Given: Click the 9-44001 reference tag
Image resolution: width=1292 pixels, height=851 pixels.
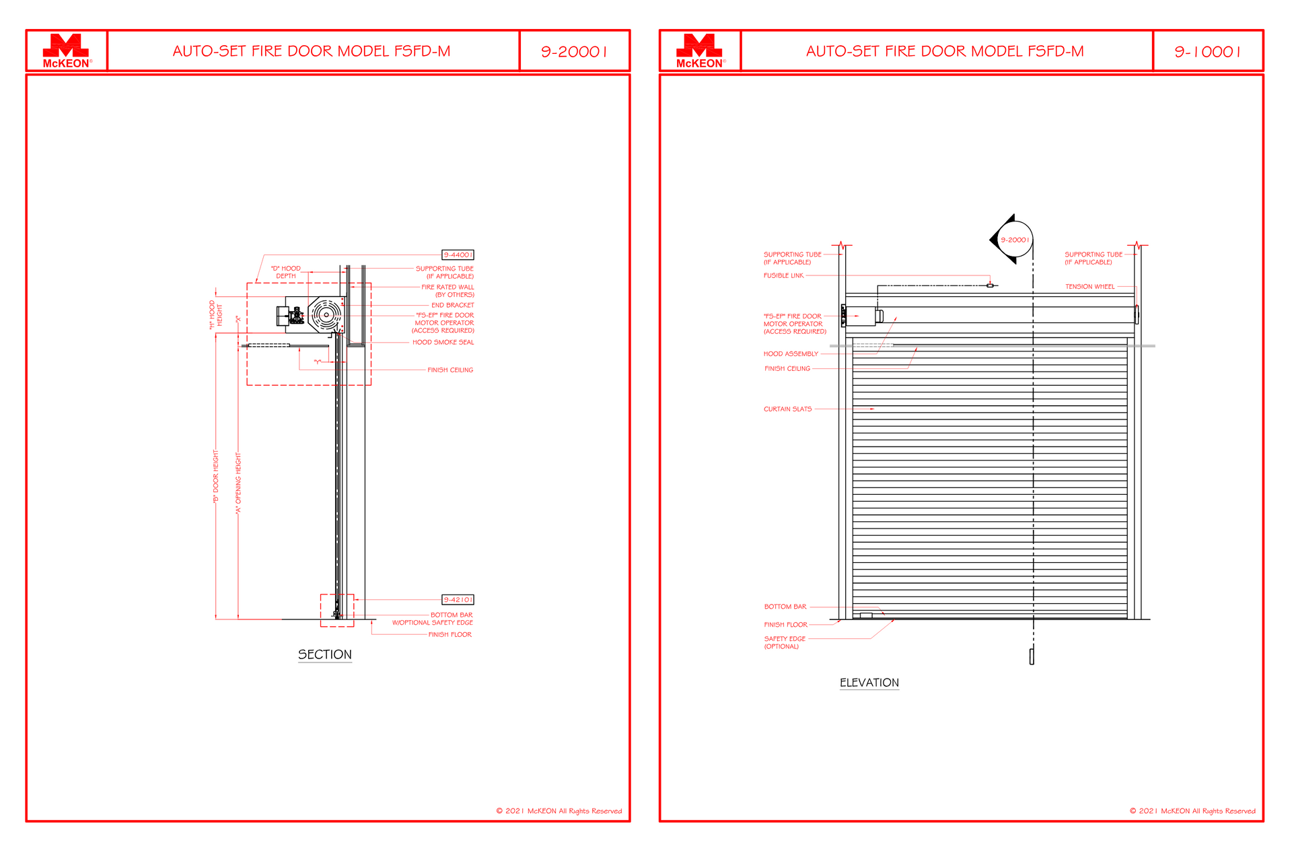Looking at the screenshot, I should (458, 254).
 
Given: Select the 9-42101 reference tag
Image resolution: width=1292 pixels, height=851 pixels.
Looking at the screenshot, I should (458, 599).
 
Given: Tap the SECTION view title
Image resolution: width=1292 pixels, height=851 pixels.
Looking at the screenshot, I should (324, 654).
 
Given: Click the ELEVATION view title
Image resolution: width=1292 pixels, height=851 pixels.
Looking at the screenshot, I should (869, 683).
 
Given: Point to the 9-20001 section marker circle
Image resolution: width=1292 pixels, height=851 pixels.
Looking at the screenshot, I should (1014, 240).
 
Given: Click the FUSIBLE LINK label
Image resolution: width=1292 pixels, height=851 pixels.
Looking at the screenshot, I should (783, 275).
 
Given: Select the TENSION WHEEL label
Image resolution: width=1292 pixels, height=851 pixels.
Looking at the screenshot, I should (1089, 287).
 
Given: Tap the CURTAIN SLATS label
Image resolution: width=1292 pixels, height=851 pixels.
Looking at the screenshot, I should (787, 409).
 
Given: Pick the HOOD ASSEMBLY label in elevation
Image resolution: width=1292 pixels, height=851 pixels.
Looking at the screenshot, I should (791, 353).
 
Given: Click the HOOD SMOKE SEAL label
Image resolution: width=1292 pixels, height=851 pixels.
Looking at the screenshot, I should (443, 342).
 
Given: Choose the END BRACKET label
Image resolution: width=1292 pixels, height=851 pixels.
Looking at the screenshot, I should (452, 305).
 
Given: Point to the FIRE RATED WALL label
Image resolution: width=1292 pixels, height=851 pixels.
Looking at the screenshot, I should (447, 291).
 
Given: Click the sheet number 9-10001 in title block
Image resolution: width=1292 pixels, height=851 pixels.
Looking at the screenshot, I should (1207, 51).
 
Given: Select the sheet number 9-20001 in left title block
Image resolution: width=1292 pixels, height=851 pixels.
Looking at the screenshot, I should (574, 51).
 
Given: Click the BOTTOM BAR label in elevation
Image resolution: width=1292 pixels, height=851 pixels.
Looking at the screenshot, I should (785, 607).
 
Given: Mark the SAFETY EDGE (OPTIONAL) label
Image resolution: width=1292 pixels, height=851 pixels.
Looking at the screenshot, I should (784, 642).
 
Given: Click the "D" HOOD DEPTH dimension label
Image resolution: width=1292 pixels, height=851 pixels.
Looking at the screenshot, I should (286, 272).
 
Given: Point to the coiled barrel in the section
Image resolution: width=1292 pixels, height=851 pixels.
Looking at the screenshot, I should (326, 314).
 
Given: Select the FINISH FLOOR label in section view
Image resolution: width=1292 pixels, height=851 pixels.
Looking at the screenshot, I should (450, 634).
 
